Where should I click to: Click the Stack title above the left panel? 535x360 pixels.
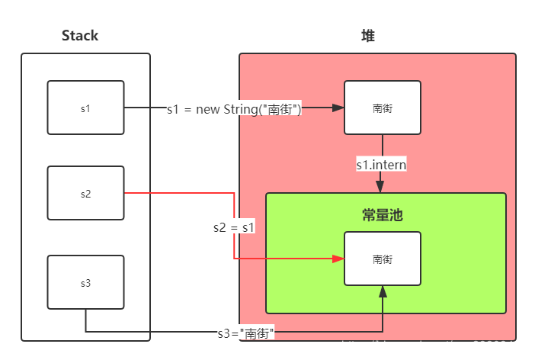pyautogui.click(x=80, y=36)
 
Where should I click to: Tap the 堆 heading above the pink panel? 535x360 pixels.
pyautogui.click(x=368, y=36)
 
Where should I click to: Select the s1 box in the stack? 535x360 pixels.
pyautogui.click(x=85, y=108)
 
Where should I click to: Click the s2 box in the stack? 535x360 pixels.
pyautogui.click(x=85, y=193)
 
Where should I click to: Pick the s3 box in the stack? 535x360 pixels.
pyautogui.click(x=85, y=283)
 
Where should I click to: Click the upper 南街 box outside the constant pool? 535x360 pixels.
pyautogui.click(x=383, y=108)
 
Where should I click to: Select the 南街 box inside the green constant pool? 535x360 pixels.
pyautogui.click(x=383, y=259)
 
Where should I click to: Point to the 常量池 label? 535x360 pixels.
pyautogui.click(x=383, y=215)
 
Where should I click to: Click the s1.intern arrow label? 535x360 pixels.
pyautogui.click(x=381, y=164)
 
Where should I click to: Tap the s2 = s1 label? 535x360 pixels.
pyautogui.click(x=234, y=227)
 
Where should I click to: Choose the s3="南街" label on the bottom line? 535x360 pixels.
pyautogui.click(x=245, y=333)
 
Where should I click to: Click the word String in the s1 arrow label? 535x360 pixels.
pyautogui.click(x=241, y=109)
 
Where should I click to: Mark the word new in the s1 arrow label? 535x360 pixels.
pyautogui.click(x=208, y=109)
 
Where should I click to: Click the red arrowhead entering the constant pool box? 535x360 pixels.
pyautogui.click(x=339, y=259)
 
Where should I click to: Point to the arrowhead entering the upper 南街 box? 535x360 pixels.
pyautogui.click(x=339, y=108)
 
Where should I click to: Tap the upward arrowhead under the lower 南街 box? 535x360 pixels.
pyautogui.click(x=383, y=291)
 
